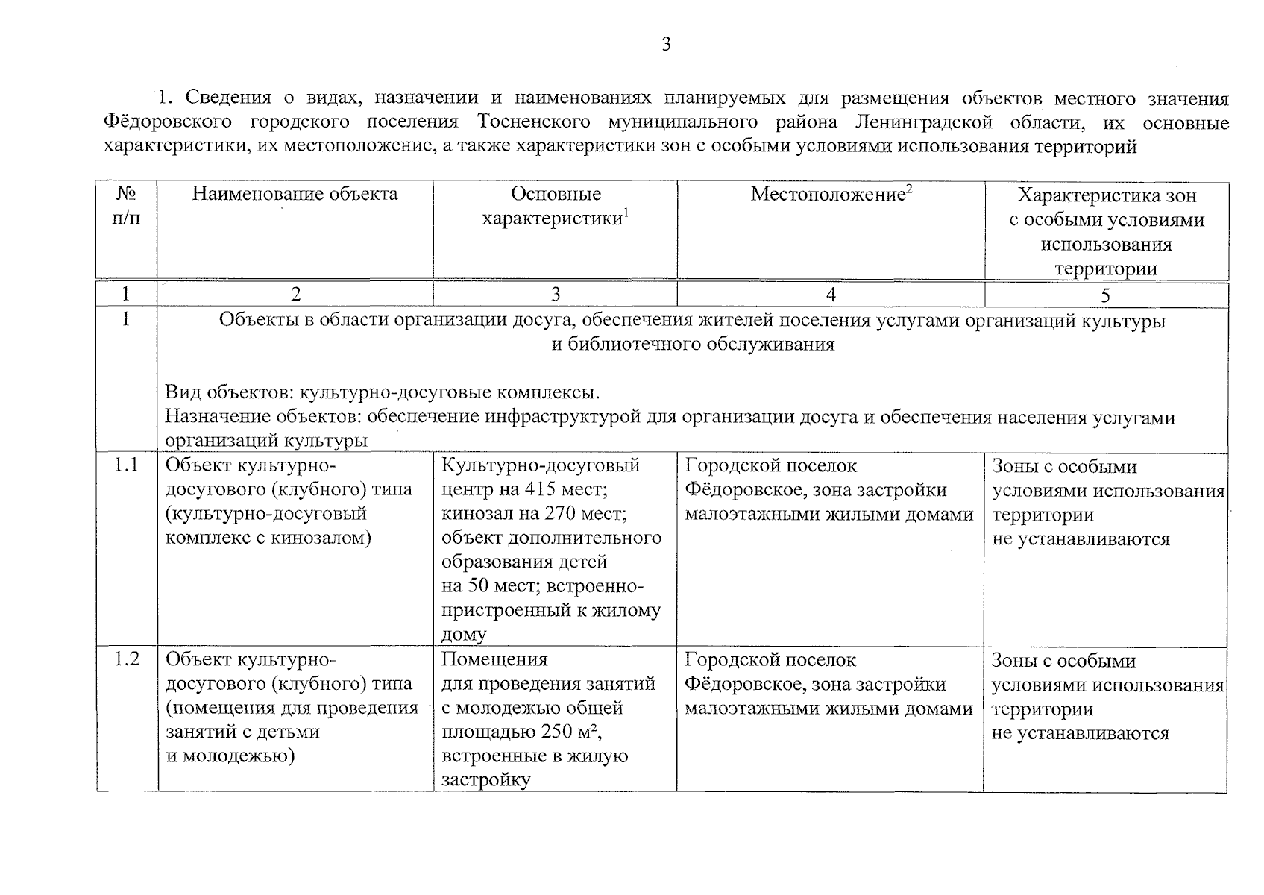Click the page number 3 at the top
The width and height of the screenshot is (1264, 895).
pyautogui.click(x=666, y=45)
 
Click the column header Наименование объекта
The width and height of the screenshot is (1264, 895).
pyautogui.click(x=295, y=195)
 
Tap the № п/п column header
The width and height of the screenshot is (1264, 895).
pyautogui.click(x=126, y=207)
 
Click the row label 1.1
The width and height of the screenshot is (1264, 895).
pyautogui.click(x=126, y=466)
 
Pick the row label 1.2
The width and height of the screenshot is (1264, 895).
pyautogui.click(x=126, y=660)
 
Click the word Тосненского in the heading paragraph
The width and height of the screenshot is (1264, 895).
pyautogui.click(x=533, y=122)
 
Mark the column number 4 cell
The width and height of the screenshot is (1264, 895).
pyautogui.click(x=830, y=295)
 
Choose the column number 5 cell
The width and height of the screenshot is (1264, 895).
pyautogui.click(x=1105, y=296)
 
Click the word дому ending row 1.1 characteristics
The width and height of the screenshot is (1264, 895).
pyautogui.click(x=464, y=635)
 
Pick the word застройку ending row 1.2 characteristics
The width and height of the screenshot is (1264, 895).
pyautogui.click(x=485, y=781)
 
